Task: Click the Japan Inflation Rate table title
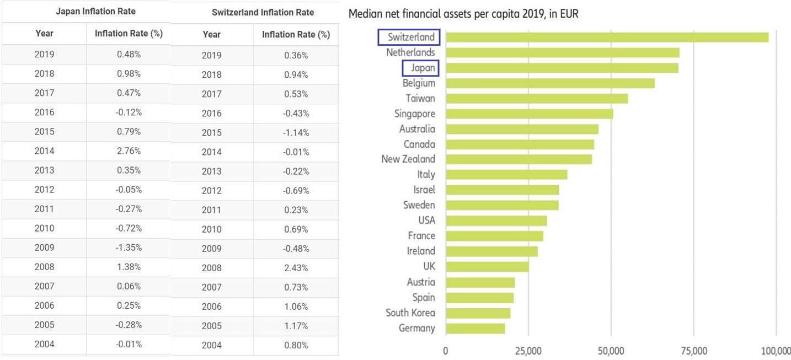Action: (95, 11)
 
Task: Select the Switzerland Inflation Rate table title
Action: (263, 12)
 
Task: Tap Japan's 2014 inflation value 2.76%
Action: (129, 151)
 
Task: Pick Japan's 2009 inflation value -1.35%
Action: (129, 248)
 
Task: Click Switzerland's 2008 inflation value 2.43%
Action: (296, 268)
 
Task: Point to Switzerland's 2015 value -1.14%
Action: (296, 133)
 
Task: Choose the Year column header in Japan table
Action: (44, 33)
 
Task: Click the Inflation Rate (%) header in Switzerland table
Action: (296, 34)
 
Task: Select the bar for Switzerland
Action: (607, 37)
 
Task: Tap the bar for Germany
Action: (475, 329)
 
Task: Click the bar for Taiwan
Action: (537, 99)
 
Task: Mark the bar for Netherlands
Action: (562, 52)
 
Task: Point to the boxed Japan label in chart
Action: (421, 68)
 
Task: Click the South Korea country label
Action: (410, 313)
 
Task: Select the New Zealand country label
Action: (408, 159)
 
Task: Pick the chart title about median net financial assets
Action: (463, 14)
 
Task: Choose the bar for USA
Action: (496, 221)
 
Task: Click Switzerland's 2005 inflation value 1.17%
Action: (296, 326)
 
